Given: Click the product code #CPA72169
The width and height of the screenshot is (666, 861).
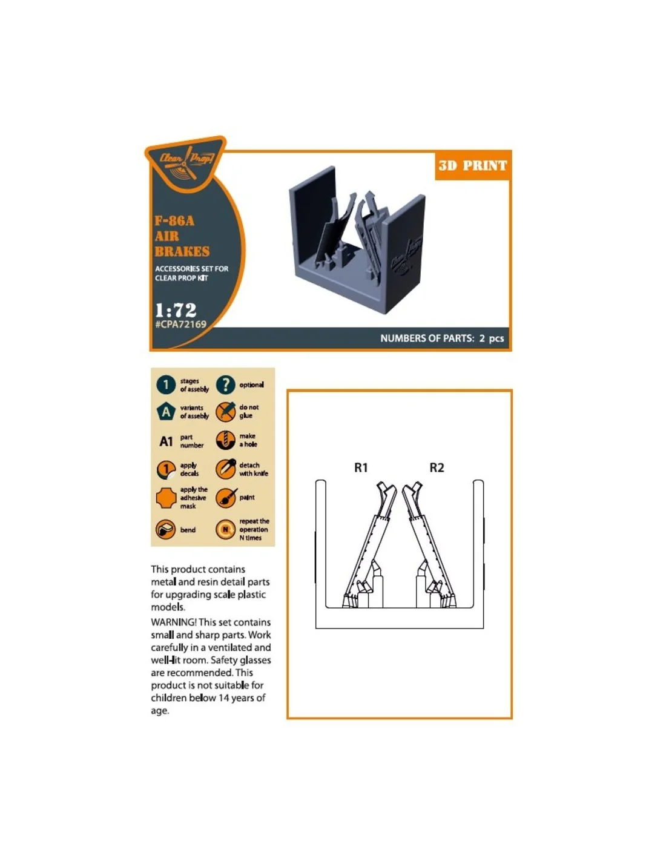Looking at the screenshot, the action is click(x=180, y=325).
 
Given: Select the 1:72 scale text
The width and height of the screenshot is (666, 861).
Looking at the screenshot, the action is click(x=176, y=310).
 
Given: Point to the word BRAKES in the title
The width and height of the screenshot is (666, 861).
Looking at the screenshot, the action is click(x=182, y=252).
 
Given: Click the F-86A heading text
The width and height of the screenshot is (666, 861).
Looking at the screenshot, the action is click(x=174, y=220).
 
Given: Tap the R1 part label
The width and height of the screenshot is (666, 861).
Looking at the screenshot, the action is click(x=360, y=468).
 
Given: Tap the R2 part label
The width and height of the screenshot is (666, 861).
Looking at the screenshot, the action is click(x=437, y=468).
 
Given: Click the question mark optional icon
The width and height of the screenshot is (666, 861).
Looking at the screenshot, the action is click(x=225, y=384).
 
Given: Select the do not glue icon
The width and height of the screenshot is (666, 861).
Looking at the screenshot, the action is click(x=225, y=412).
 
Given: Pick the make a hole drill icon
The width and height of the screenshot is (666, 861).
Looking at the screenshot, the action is click(x=225, y=440).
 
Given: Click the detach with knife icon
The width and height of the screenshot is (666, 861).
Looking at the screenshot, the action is click(x=225, y=469).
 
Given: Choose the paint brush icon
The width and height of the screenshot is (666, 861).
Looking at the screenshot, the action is click(x=226, y=498).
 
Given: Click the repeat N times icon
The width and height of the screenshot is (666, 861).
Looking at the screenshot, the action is click(x=225, y=530).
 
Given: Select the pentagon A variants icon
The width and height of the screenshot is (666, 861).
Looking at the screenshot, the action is click(x=166, y=412).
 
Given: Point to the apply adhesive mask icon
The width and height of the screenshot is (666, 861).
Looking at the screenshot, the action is click(x=166, y=498).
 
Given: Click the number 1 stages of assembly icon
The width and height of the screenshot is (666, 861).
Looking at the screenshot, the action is click(x=166, y=384).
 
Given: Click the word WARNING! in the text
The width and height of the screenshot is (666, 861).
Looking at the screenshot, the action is click(x=174, y=622).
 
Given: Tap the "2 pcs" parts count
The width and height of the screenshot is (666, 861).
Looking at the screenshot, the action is click(x=491, y=338).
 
